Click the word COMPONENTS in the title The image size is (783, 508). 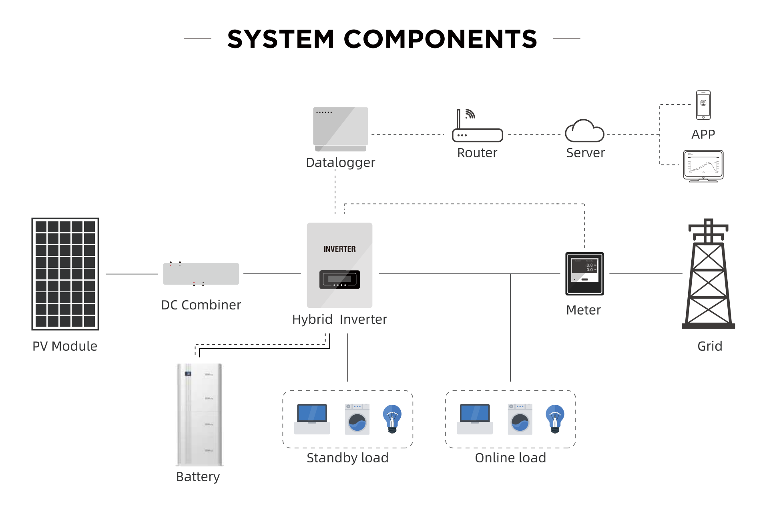[x=440, y=39]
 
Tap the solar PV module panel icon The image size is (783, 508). [x=65, y=274]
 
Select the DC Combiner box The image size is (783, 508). [x=201, y=274]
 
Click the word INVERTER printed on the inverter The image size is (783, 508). [x=339, y=249]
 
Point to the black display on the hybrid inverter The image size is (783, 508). [x=339, y=279]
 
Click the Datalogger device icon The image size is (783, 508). [x=341, y=129]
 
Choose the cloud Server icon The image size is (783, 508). [x=584, y=131]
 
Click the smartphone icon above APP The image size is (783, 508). [x=703, y=105]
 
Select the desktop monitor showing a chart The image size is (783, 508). [x=703, y=166]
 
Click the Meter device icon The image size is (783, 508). [x=584, y=274]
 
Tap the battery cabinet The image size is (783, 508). [x=199, y=415]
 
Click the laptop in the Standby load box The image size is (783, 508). [x=312, y=419]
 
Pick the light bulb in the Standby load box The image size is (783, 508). [x=392, y=419]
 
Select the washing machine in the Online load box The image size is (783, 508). [x=520, y=419]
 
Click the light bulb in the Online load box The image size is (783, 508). [x=555, y=419]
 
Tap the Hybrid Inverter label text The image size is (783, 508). [x=339, y=319]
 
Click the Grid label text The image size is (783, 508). [x=710, y=346]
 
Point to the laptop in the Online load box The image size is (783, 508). [x=475, y=419]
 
